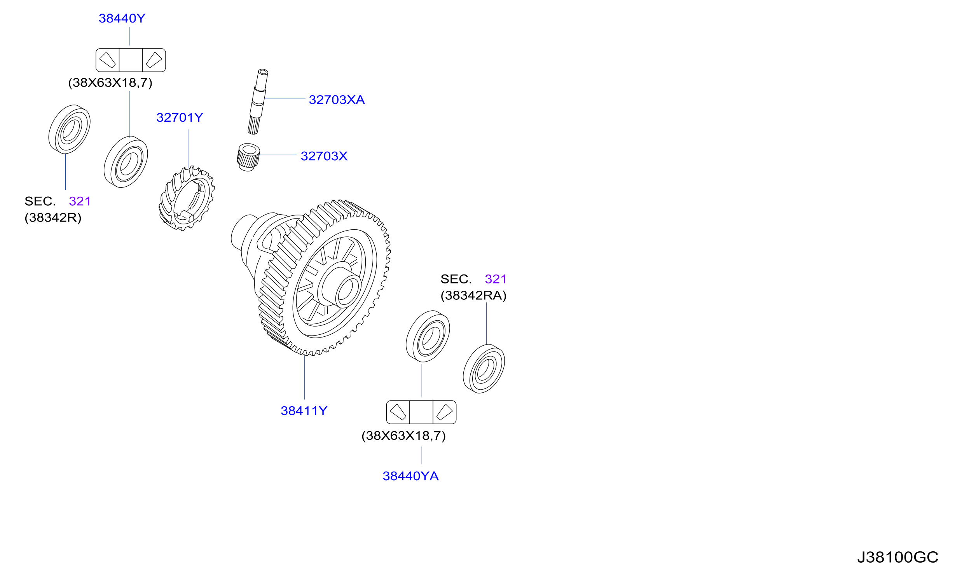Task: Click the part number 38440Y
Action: [122, 18]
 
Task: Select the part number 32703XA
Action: [337, 100]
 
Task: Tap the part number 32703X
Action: [324, 156]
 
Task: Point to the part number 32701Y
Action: [180, 117]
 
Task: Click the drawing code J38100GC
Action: [897, 558]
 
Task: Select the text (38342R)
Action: [53, 218]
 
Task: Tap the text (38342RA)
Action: [473, 295]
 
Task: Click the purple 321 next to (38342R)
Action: [80, 201]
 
